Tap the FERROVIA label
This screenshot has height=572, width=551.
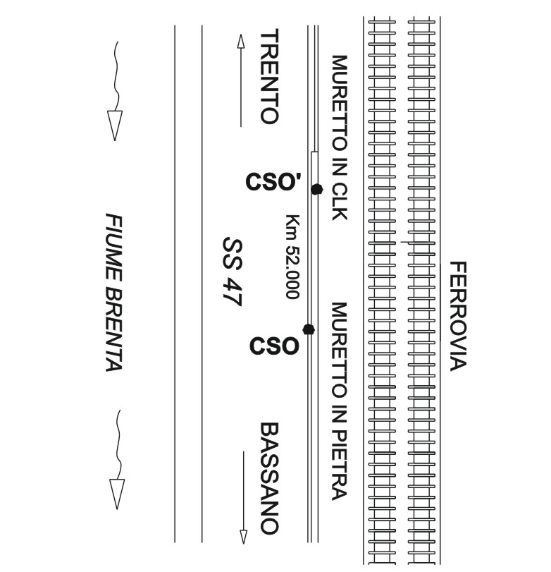point(458,316)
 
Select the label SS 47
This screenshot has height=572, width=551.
point(232,272)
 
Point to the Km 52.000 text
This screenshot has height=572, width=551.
point(292,257)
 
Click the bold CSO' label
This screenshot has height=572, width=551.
point(273,183)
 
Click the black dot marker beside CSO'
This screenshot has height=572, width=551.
point(316,188)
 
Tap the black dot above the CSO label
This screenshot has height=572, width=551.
point(308,329)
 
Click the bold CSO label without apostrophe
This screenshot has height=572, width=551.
point(274,346)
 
